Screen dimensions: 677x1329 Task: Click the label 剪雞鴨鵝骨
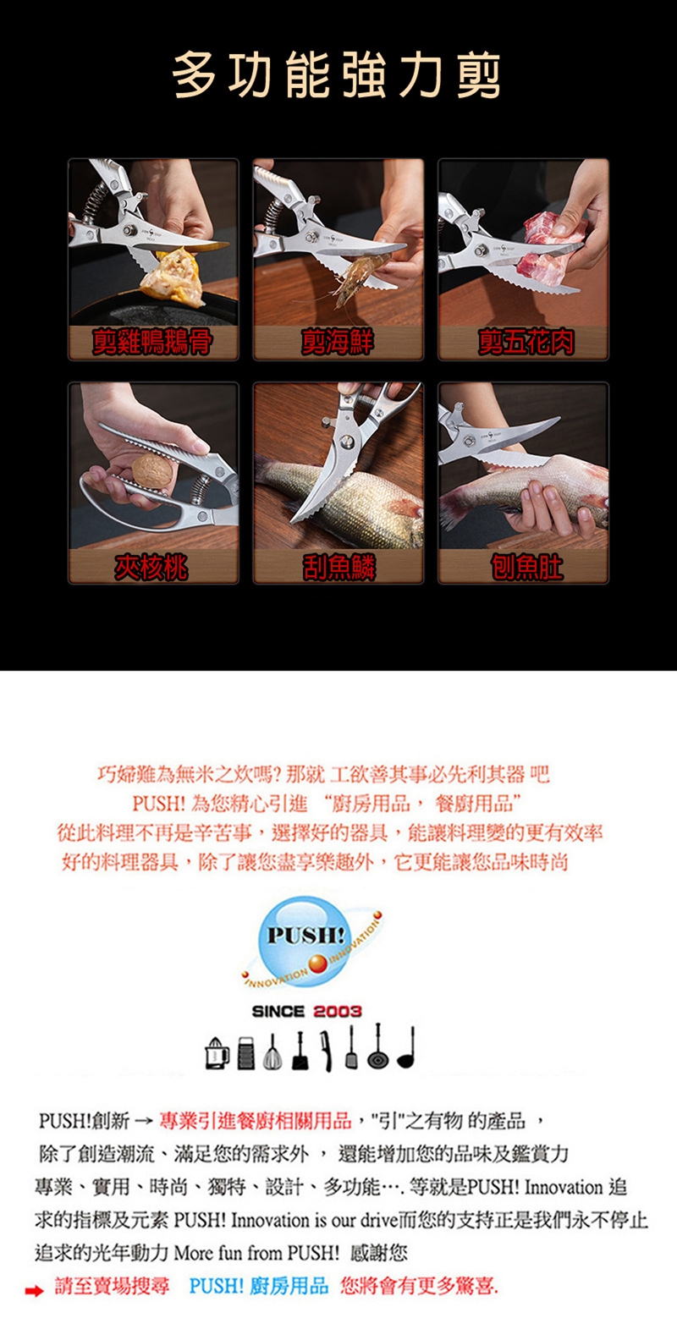tap(152, 343)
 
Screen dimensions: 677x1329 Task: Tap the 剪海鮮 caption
tap(338, 343)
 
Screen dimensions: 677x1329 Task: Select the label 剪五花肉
tap(526, 343)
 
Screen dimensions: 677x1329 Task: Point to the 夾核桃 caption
tap(151, 567)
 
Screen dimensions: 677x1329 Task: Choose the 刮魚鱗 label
tap(338, 567)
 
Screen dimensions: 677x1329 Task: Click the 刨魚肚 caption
tap(526, 567)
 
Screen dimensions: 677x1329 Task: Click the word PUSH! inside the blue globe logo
tap(305, 936)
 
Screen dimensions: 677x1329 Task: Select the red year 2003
tap(337, 1011)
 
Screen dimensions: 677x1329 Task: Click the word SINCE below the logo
tap(278, 1011)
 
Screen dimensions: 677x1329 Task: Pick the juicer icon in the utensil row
tap(217, 1055)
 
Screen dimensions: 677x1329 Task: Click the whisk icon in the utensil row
tap(272, 1052)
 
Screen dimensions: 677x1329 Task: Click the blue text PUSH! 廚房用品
tap(259, 1286)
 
